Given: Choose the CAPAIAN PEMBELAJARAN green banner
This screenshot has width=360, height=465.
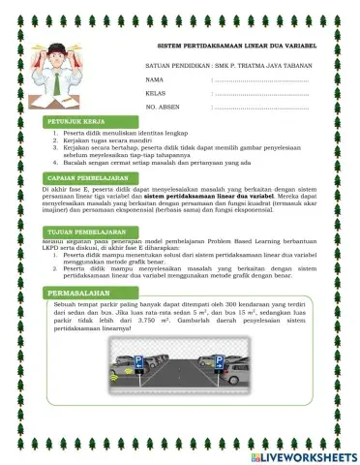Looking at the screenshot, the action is coord(87,179).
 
